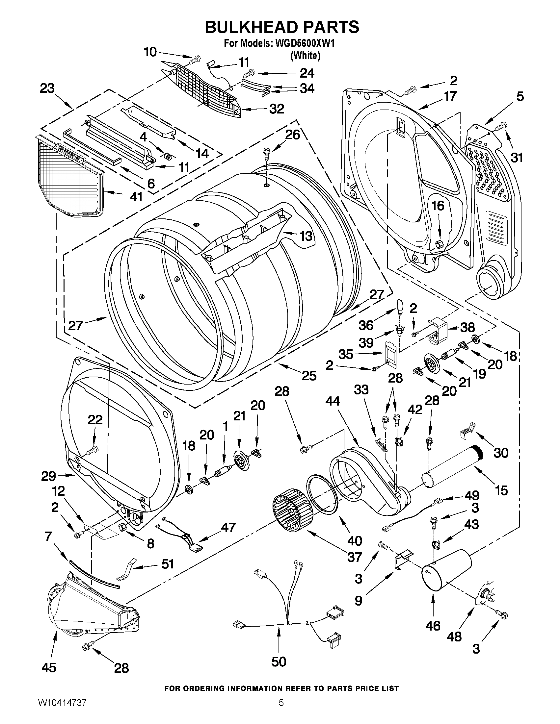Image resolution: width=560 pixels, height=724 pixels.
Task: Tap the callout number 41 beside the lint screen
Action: point(136,197)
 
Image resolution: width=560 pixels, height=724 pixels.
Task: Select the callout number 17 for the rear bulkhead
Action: point(450,96)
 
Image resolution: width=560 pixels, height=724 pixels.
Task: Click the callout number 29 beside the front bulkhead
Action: point(48,476)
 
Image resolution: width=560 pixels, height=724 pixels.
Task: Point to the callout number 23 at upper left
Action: point(47,89)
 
